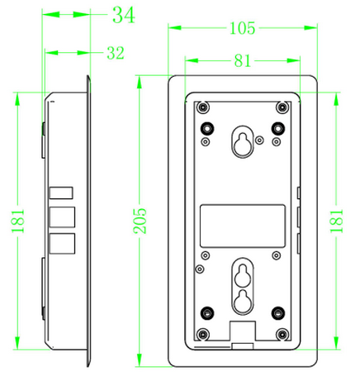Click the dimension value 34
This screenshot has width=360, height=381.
coord(124,15)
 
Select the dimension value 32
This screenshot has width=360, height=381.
coord(116,53)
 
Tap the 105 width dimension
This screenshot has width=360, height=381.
coord(243,28)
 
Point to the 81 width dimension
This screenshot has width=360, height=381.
coord(243,61)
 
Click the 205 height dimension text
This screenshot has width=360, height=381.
coord(140,221)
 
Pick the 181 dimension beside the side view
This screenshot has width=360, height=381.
coord(18,221)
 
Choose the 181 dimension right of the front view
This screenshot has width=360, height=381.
coord(337,221)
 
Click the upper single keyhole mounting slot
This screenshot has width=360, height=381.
coord(243,142)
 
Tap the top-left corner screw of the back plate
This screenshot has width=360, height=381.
coord(203,107)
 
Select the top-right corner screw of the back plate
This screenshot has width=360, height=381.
coord(282,107)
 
